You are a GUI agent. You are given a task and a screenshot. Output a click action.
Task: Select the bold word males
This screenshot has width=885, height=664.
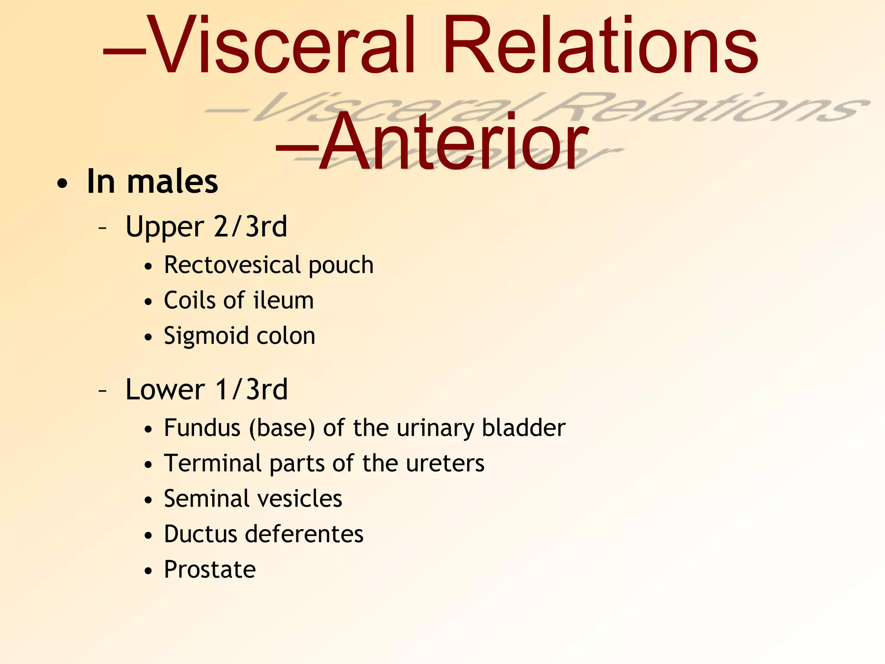click(x=172, y=182)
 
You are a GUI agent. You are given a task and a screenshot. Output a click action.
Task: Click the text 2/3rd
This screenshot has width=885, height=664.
click(x=251, y=227)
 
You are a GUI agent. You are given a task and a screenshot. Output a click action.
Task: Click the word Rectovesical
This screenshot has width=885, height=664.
click(x=232, y=265)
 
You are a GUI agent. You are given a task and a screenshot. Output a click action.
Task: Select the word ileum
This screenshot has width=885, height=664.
click(x=283, y=300)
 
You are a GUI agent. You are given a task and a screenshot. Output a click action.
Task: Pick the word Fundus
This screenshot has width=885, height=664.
click(x=202, y=428)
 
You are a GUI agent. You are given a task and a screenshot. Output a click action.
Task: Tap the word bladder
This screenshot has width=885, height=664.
click(x=523, y=428)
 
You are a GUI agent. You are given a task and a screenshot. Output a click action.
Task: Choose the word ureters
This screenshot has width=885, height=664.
click(x=445, y=463)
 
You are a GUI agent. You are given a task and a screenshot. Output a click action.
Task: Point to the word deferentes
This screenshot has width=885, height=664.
click(x=304, y=534)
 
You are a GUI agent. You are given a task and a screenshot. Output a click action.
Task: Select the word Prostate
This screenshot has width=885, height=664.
click(x=210, y=569)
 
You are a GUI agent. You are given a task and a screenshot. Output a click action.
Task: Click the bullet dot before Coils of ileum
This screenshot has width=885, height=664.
click(x=148, y=302)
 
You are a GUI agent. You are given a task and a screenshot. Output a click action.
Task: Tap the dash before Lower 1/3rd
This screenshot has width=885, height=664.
click(x=102, y=391)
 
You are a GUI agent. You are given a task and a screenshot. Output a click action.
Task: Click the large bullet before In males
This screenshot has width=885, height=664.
click(x=62, y=183)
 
